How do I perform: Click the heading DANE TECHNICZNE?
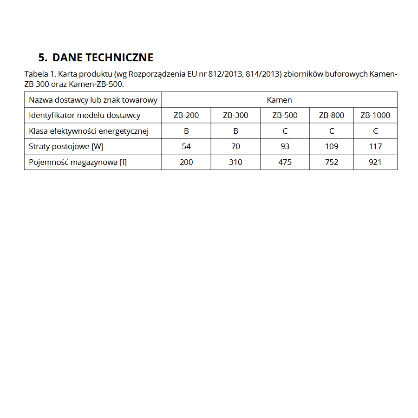(x=96, y=58)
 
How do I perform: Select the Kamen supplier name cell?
(x=279, y=100)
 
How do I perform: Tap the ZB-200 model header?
(x=186, y=115)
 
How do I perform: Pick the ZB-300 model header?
(x=235, y=115)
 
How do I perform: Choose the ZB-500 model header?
(x=285, y=115)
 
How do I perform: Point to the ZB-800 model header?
(x=332, y=115)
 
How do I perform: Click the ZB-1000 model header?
(x=375, y=115)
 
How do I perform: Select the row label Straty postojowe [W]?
(x=66, y=146)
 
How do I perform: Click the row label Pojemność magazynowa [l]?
(x=78, y=162)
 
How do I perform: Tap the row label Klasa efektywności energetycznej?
(x=89, y=131)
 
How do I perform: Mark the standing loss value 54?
(x=186, y=146)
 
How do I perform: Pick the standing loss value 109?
(x=332, y=146)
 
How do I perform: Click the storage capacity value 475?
(x=285, y=162)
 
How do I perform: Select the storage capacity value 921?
(x=375, y=162)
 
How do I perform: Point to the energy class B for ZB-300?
(x=235, y=131)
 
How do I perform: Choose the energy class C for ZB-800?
(x=332, y=131)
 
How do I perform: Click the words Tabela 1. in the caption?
(x=40, y=74)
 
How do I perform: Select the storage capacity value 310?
(x=235, y=162)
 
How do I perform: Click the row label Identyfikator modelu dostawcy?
(x=85, y=115)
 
